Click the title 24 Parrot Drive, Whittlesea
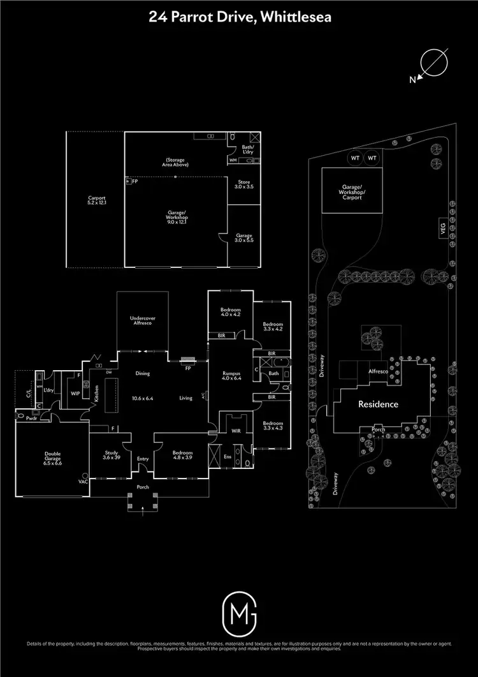point(239,18)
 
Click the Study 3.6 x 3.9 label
point(111,455)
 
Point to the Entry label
point(142,458)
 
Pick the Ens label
point(228,456)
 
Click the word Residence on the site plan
point(378,404)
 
